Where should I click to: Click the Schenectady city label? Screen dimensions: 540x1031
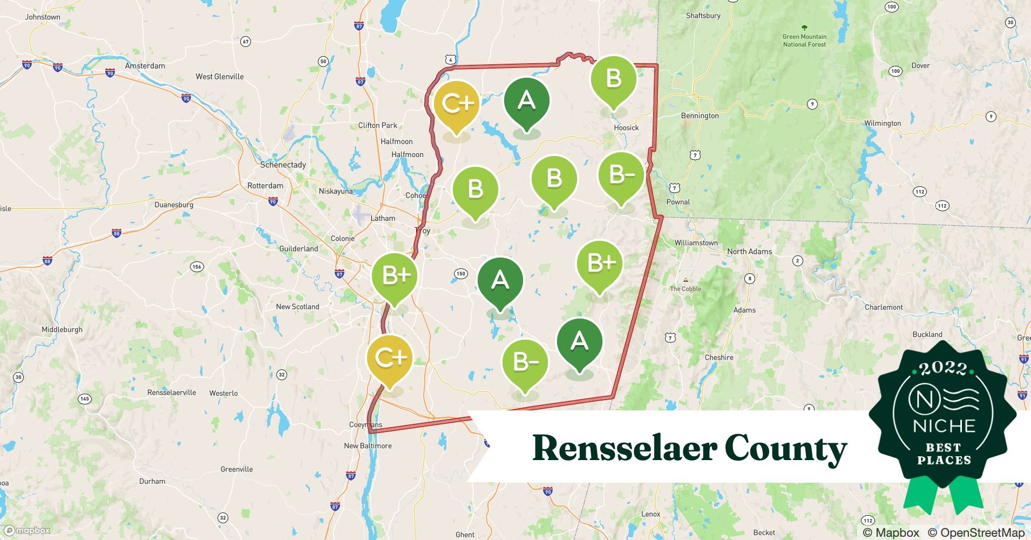coord(283,165)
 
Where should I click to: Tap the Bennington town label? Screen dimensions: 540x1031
coord(700,116)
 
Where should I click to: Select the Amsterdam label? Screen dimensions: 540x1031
coord(145,66)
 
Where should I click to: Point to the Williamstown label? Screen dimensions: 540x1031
coord(696,243)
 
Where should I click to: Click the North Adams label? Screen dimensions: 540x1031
coord(749,252)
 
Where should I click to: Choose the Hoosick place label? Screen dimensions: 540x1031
coord(626,128)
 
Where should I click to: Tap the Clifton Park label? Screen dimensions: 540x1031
coord(377,125)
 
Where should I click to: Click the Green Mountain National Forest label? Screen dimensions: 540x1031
coord(804,40)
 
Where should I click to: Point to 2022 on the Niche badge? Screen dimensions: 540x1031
coord(942,368)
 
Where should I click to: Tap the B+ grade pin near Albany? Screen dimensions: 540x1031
coord(396,276)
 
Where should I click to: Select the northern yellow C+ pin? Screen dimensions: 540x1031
coord(457,104)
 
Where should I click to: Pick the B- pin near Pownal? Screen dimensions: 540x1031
coord(621,175)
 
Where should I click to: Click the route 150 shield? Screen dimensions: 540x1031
coord(460,274)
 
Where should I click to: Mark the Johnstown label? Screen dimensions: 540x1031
coord(43,17)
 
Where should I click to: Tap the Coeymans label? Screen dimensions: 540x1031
coord(365,425)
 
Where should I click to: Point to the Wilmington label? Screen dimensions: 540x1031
coord(882,123)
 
